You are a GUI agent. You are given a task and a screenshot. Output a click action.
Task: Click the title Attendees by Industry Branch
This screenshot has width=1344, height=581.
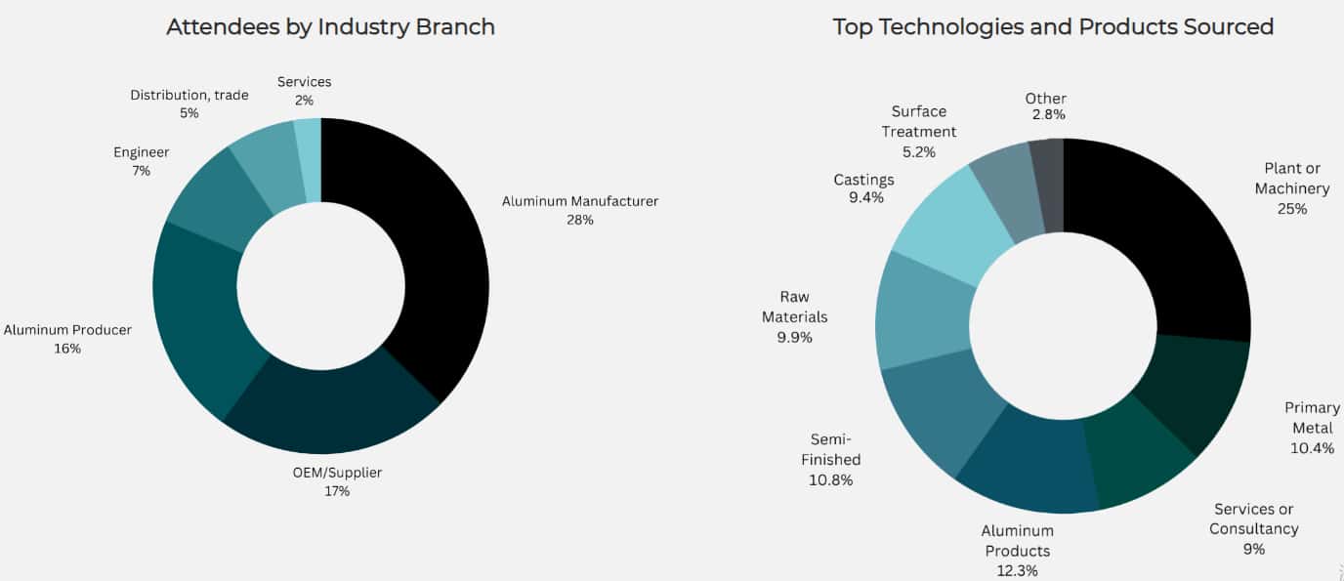pyautogui.click(x=330, y=26)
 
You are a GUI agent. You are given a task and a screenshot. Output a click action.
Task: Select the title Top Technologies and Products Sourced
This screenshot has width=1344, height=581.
pyautogui.click(x=1053, y=26)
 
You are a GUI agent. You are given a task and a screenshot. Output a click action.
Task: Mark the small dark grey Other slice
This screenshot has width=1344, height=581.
pyautogui.click(x=1047, y=186)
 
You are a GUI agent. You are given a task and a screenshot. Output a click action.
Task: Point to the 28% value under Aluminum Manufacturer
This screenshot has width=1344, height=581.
pyautogui.click(x=580, y=220)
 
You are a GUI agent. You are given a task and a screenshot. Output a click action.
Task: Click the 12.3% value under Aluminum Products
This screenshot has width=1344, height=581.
pyautogui.click(x=1017, y=571)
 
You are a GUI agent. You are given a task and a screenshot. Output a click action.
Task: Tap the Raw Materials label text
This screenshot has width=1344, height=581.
pyautogui.click(x=794, y=307)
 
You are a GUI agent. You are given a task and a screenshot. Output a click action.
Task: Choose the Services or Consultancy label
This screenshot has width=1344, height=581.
pyautogui.click(x=1253, y=519)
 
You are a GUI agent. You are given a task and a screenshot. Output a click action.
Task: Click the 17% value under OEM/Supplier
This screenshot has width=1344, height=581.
pyautogui.click(x=337, y=491)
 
